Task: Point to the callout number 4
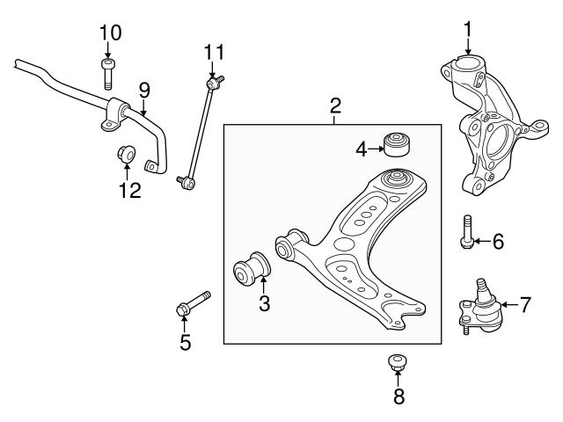362,149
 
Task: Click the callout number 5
186,343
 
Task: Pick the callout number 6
498,241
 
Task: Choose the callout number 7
525,305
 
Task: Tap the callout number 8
398,397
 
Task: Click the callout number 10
110,33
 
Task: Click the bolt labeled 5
193,303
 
